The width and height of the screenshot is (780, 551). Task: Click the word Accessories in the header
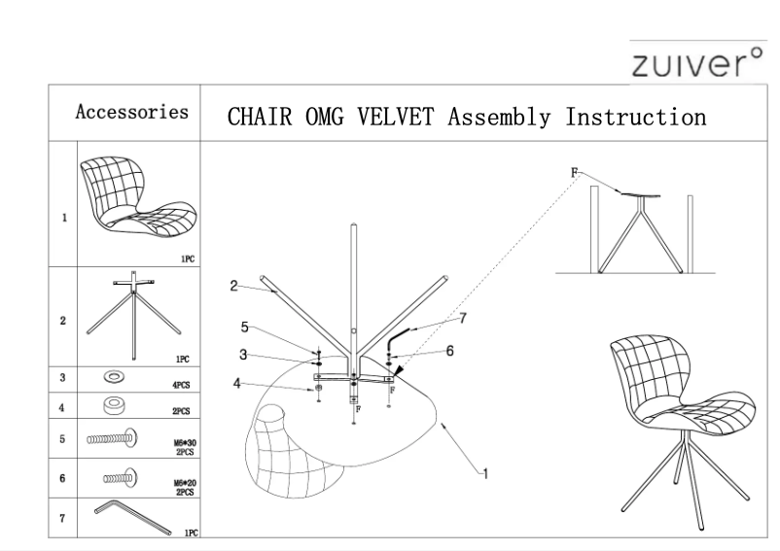pos(132,112)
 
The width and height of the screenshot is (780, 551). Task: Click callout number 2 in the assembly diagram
pos(233,286)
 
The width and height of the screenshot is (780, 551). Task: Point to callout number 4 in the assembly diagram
pos(236,384)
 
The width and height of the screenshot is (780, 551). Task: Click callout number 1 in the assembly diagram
pos(481,473)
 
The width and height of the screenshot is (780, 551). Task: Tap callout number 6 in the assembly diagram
pos(449,352)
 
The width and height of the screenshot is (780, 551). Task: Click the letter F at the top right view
pos(574,172)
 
